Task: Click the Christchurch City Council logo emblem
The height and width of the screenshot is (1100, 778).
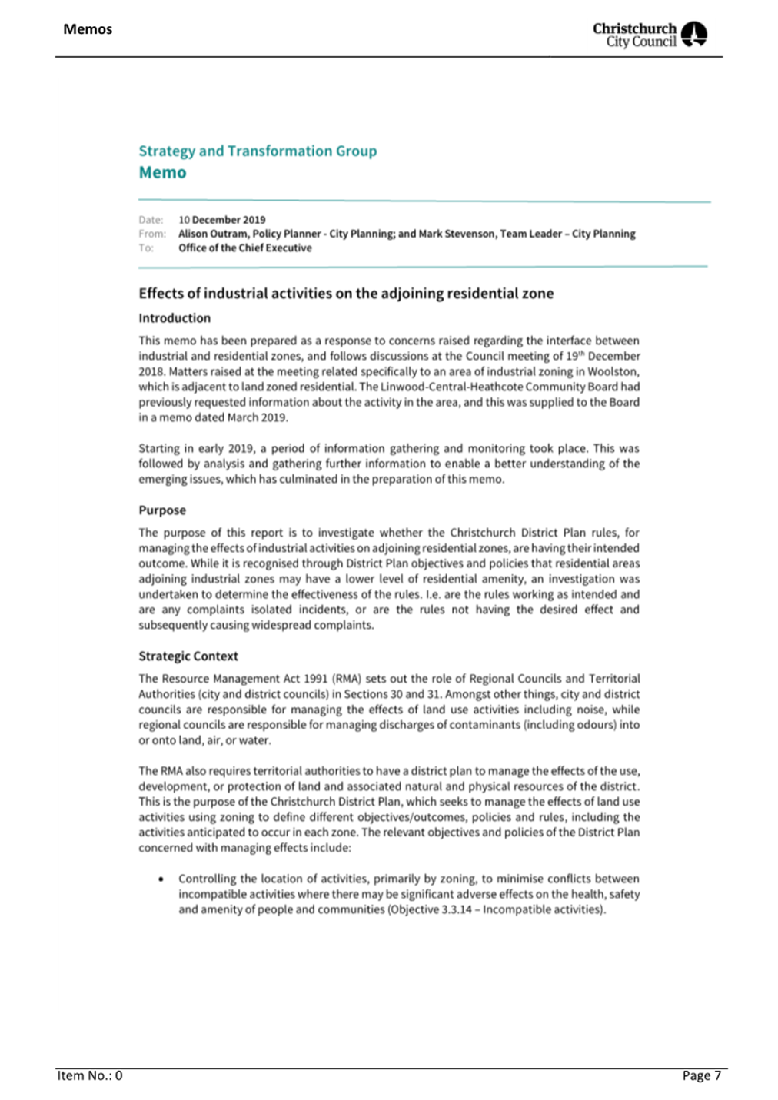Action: pyautogui.click(x=693, y=35)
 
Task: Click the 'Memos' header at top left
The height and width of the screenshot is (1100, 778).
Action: pyautogui.click(x=88, y=29)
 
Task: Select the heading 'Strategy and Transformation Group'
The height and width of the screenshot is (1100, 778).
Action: pyautogui.click(x=258, y=151)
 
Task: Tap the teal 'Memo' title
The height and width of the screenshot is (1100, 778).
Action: pyautogui.click(x=162, y=173)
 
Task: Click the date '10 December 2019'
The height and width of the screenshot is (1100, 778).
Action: pyautogui.click(x=221, y=220)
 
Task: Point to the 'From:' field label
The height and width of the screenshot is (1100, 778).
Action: pyautogui.click(x=152, y=234)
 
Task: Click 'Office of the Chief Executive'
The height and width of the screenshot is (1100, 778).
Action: pyautogui.click(x=244, y=248)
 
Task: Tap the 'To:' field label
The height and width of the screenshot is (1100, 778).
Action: pyautogui.click(x=146, y=248)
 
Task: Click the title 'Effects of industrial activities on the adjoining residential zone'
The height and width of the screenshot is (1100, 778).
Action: pyautogui.click(x=346, y=294)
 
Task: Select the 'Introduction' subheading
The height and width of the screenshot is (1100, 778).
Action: pyautogui.click(x=175, y=318)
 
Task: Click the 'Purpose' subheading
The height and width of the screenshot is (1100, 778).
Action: pyautogui.click(x=162, y=510)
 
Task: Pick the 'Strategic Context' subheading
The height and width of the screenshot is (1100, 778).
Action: pyautogui.click(x=188, y=656)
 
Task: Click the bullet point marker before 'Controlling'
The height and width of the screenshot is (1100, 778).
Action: pyautogui.click(x=161, y=879)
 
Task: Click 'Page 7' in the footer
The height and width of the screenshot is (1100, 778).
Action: pyautogui.click(x=701, y=1075)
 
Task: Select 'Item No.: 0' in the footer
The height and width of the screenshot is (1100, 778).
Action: pyautogui.click(x=90, y=1075)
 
